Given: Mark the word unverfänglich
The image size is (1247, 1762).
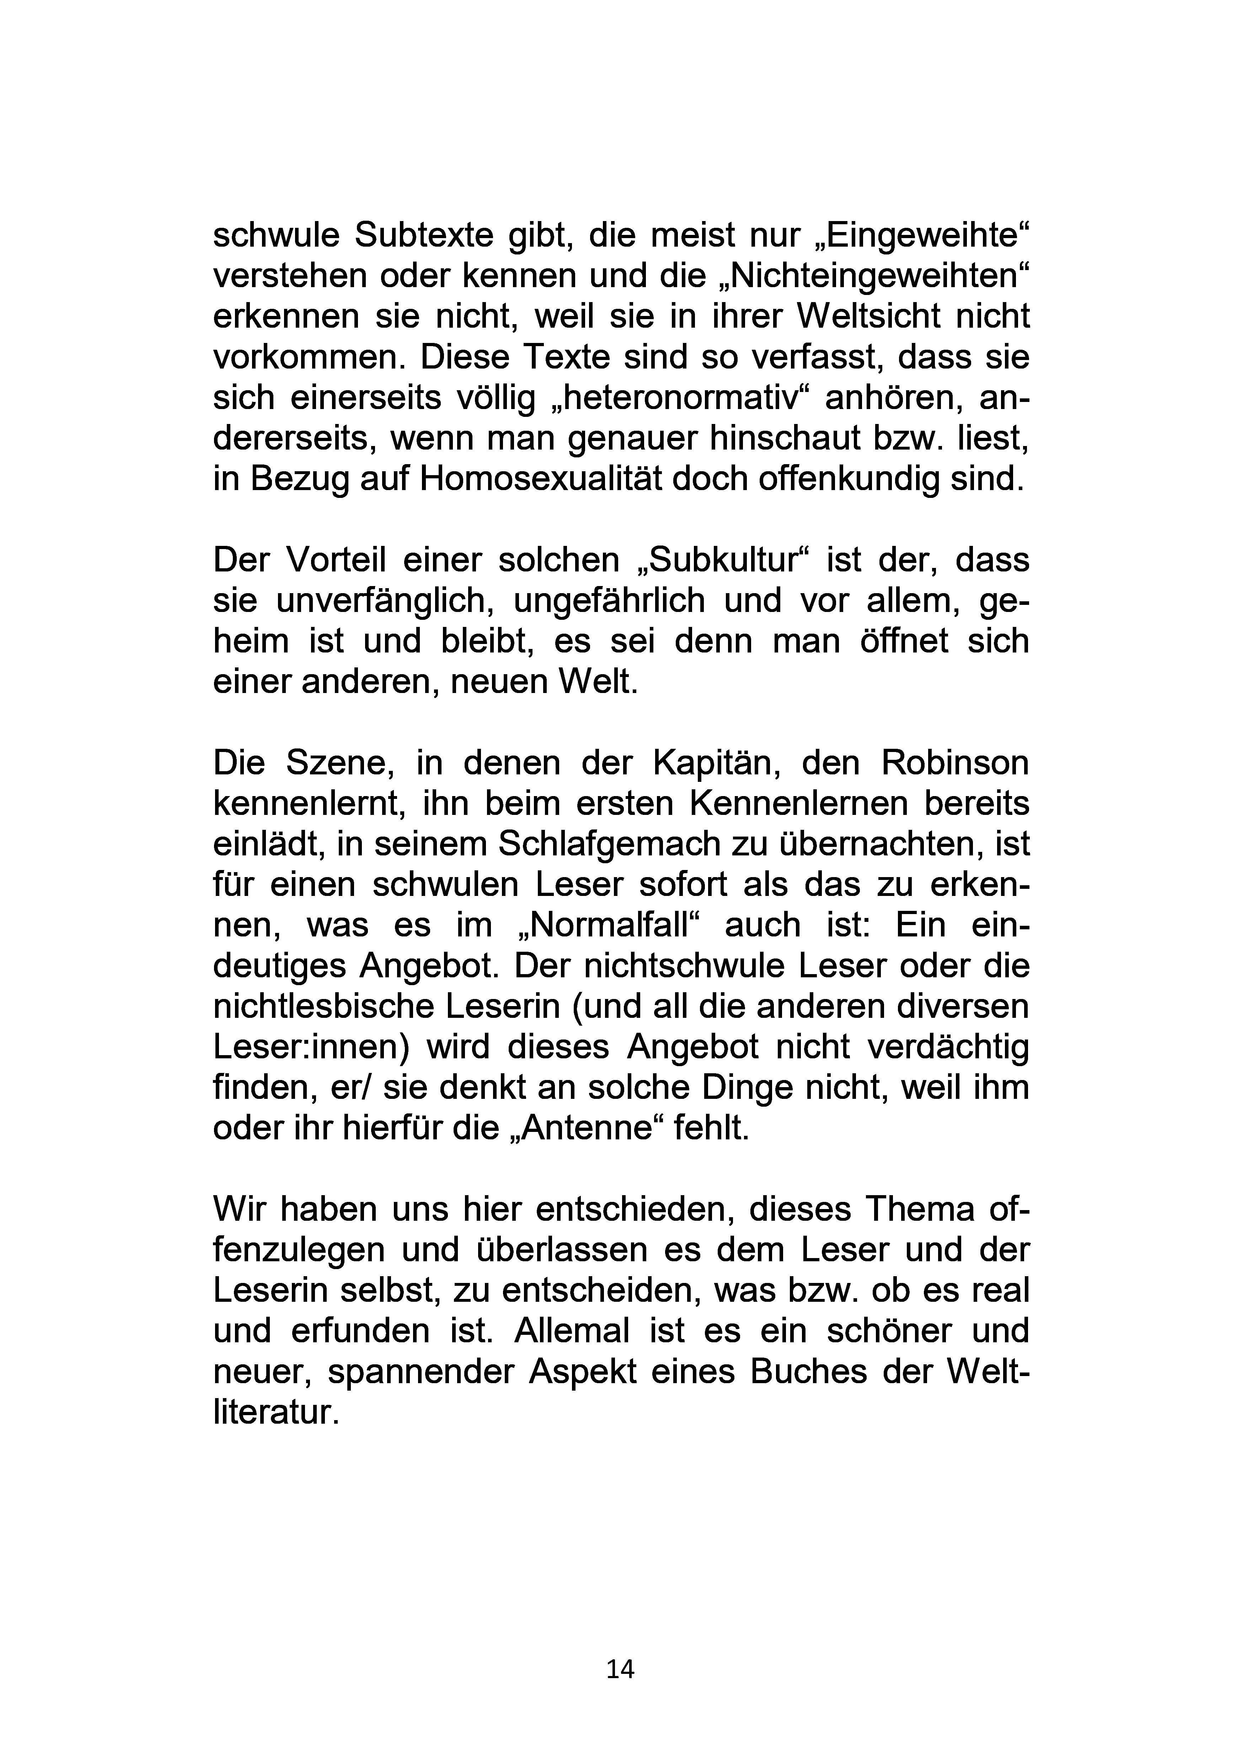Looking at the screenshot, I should [x=384, y=601].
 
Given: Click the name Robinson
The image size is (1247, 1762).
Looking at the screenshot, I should [x=954, y=763].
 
